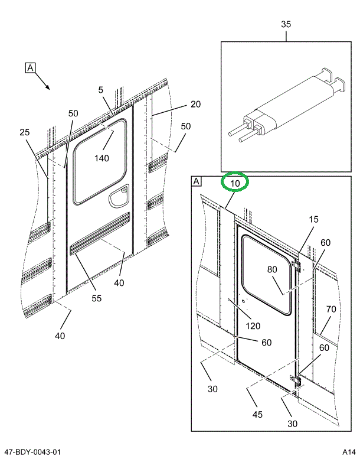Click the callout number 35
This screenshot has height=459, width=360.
(x=286, y=24)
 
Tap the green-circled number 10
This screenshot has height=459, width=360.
(x=235, y=183)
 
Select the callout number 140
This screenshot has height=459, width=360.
(x=102, y=158)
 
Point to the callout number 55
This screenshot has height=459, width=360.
(x=96, y=298)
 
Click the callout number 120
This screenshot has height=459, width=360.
(x=253, y=325)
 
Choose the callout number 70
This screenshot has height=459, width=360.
(x=331, y=308)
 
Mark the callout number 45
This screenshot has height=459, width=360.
(x=257, y=415)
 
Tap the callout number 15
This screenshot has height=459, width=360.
(x=313, y=219)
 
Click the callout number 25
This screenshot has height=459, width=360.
(x=24, y=132)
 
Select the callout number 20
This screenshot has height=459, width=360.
(x=195, y=104)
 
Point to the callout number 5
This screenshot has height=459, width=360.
(x=101, y=90)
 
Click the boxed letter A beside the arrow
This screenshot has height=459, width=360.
(x=30, y=67)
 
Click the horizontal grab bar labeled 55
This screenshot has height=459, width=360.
(x=100, y=235)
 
